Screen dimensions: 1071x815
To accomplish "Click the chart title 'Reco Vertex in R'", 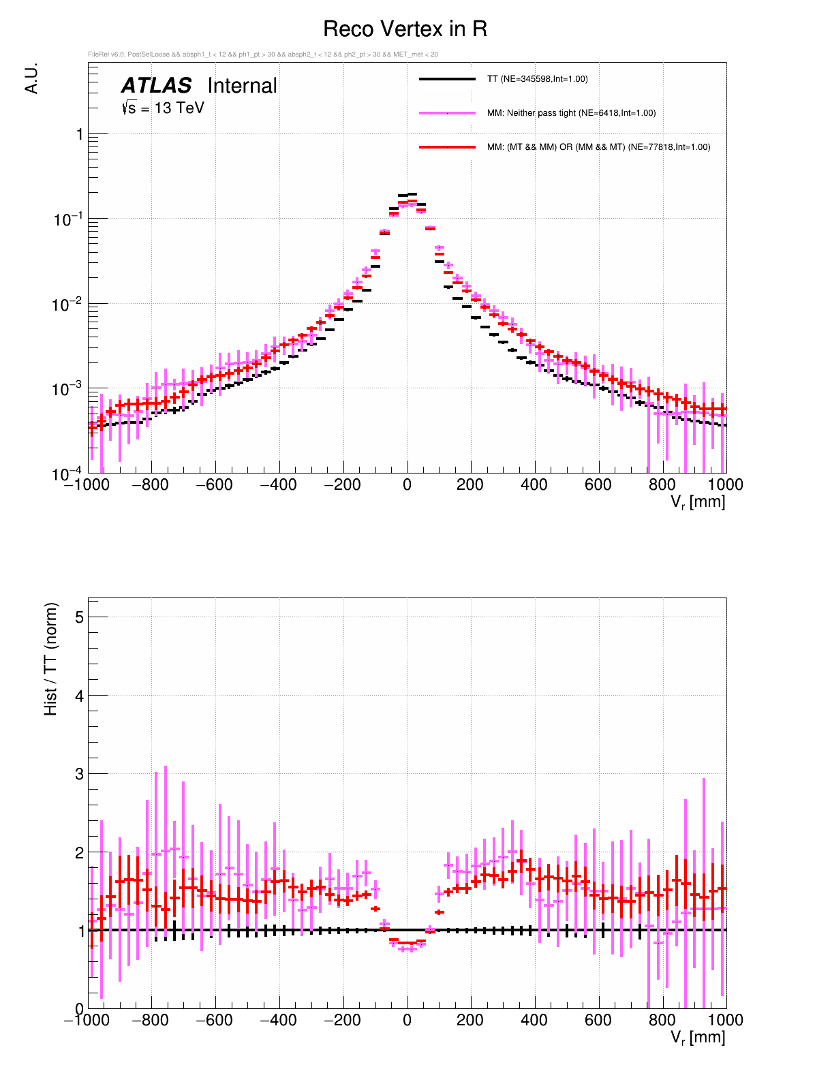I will (x=405, y=29).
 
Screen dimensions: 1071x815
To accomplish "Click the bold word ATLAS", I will (x=156, y=86).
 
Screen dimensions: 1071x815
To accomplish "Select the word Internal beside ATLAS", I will (x=242, y=86).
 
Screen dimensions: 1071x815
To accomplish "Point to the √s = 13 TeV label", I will (x=163, y=108).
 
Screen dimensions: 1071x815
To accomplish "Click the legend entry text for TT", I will (x=537, y=79).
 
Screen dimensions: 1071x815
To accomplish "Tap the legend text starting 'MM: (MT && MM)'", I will (x=598, y=147).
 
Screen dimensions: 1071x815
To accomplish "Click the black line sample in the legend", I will (x=447, y=79).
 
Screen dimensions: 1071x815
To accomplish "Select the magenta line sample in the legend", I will (x=447, y=113).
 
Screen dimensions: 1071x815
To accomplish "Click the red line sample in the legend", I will (x=447, y=147).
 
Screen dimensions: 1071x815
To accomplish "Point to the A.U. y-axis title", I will (x=31, y=78).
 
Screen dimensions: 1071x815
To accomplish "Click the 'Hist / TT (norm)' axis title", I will (x=51, y=659).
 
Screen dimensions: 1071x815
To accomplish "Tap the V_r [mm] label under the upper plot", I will (x=698, y=503).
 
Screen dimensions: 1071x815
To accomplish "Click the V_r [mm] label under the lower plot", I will (x=698, y=1038).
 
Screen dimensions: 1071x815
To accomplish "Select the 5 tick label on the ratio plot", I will (x=79, y=617).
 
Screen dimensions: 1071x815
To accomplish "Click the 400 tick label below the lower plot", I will (x=534, y=1021).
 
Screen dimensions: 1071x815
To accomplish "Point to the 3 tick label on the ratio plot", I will (x=79, y=774).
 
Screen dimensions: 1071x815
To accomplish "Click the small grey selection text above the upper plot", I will (x=263, y=55).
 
